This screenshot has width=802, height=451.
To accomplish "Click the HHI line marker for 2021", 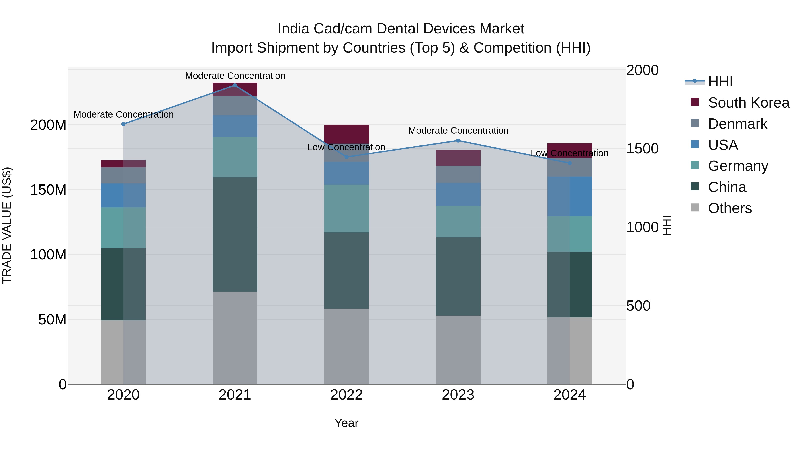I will click(x=235, y=85).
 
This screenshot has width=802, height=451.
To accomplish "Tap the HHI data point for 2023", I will click(x=458, y=141).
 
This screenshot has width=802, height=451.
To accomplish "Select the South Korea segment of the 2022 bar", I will click(x=346, y=134).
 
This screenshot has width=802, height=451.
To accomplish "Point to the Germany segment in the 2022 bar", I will click(x=346, y=208).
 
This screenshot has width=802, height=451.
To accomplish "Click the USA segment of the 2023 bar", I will click(x=458, y=194).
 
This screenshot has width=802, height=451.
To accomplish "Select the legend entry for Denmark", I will click(x=737, y=124).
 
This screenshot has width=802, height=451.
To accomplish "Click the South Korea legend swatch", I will click(x=695, y=102).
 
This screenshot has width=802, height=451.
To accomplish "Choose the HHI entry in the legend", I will click(x=720, y=82).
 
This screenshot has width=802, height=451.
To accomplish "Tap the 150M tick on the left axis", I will click(x=48, y=190).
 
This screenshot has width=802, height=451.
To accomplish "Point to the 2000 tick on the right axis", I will click(x=642, y=70).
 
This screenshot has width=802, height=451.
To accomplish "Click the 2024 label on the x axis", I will click(x=569, y=395).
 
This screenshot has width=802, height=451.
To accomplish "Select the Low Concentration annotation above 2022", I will click(x=346, y=147).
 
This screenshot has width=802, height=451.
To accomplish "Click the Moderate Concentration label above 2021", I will click(x=235, y=76).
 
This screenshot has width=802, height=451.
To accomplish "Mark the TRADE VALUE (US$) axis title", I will click(x=7, y=225).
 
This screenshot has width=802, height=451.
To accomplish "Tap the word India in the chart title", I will click(x=293, y=29).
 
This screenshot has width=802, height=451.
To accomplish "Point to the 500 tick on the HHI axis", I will click(x=638, y=306).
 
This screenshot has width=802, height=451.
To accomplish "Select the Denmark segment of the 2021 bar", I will click(x=235, y=106).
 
